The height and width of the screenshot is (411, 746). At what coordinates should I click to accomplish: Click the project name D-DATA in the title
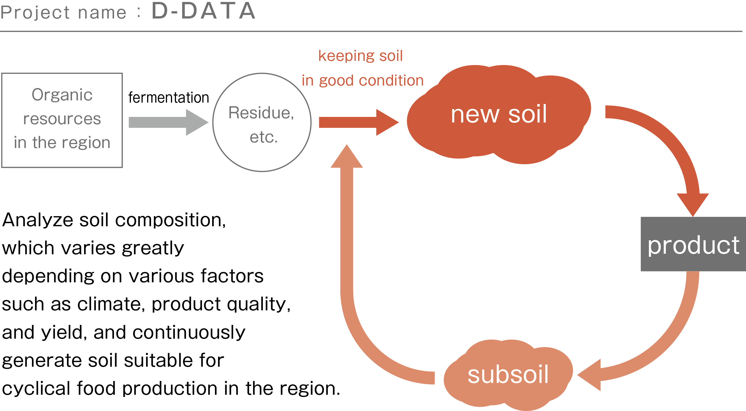[203, 11]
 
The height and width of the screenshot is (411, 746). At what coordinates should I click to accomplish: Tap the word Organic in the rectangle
[62, 95]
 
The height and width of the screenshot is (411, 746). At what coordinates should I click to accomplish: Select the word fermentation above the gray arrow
[168, 98]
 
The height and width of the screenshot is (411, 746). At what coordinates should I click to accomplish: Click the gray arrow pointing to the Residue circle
[168, 122]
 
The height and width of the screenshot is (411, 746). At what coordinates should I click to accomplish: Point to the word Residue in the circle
[261, 113]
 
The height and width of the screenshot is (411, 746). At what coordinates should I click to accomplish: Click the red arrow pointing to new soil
[359, 122]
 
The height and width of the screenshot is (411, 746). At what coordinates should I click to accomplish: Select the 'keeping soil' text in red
[360, 56]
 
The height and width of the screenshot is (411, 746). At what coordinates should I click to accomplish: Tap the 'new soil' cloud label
[499, 114]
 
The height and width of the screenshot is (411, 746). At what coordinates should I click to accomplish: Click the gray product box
[693, 244]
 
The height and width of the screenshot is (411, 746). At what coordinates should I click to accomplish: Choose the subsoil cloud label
[508, 375]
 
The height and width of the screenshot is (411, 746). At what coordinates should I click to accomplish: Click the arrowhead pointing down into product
[693, 204]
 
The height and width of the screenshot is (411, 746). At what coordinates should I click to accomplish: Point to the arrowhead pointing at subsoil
[589, 375]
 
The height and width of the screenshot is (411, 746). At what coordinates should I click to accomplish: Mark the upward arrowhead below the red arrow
[347, 156]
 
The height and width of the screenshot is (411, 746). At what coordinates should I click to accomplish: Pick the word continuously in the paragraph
[189, 332]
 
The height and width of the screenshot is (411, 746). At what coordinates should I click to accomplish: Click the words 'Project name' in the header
[63, 13]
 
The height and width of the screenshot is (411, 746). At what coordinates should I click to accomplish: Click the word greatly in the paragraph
[153, 248]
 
